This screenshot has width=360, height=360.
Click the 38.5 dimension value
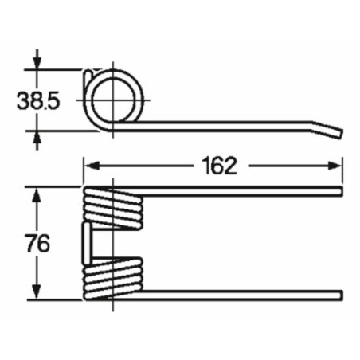pos(38,101)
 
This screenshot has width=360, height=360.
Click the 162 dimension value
pos(219,166)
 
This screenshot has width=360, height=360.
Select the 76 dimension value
pos(38,243)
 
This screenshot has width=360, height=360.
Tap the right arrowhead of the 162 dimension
pos(335,166)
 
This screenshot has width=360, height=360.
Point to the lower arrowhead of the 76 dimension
pos(37,292)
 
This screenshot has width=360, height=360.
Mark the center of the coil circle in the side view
pos(113,100)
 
